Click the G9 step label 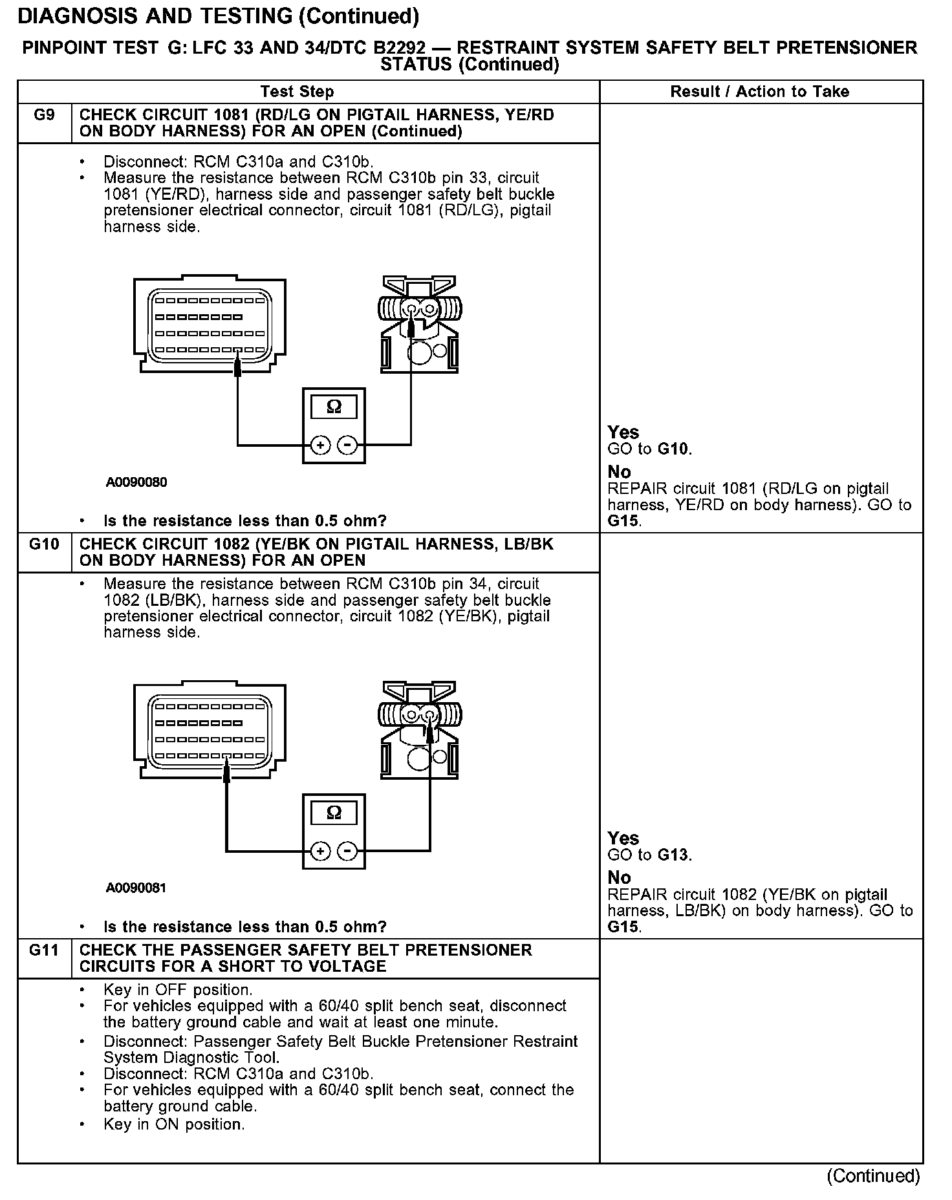click(x=44, y=115)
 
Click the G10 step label click(x=44, y=544)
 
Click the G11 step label click(x=44, y=950)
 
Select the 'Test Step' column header click(x=297, y=92)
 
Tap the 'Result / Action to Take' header click(x=759, y=92)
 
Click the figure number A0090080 click(x=136, y=482)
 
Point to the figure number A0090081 click(x=136, y=888)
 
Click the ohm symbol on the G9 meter click(x=334, y=407)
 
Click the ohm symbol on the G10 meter click(x=334, y=813)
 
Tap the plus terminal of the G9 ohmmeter click(x=321, y=445)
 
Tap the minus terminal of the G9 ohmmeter click(x=348, y=445)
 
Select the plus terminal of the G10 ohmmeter click(x=321, y=851)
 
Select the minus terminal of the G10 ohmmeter click(x=348, y=851)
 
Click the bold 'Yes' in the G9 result click(x=623, y=433)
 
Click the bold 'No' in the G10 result click(x=619, y=877)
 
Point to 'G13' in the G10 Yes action click(x=674, y=855)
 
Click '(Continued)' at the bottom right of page click(x=873, y=1175)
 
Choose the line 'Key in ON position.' click(x=174, y=1124)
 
